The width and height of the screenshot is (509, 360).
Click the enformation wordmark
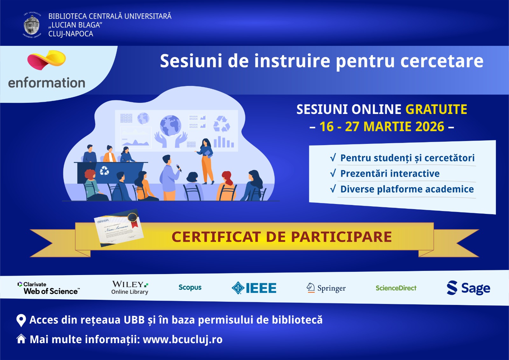(x=47, y=83)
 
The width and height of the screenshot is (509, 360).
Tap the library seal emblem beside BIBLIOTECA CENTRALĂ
(x=31, y=25)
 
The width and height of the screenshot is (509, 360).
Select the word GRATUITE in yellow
(x=436, y=109)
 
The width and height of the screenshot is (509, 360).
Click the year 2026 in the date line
(x=429, y=127)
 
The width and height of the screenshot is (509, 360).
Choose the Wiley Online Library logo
(x=130, y=287)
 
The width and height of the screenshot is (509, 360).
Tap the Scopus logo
(x=190, y=287)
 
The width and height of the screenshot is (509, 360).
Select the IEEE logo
(x=254, y=288)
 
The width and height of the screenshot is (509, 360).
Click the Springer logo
(x=326, y=288)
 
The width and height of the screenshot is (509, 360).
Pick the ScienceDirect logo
(x=396, y=288)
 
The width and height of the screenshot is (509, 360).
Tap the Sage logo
(x=468, y=288)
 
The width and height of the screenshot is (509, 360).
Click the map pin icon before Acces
(x=21, y=320)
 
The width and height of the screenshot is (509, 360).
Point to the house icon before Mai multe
(x=21, y=339)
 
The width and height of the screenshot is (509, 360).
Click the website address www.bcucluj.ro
(x=183, y=339)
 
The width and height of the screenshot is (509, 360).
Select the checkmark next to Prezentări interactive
(x=333, y=173)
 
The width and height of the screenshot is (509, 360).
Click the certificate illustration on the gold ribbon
(x=119, y=228)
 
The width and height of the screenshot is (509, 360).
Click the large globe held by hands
(x=171, y=125)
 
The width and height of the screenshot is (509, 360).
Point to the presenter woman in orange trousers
(x=207, y=161)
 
